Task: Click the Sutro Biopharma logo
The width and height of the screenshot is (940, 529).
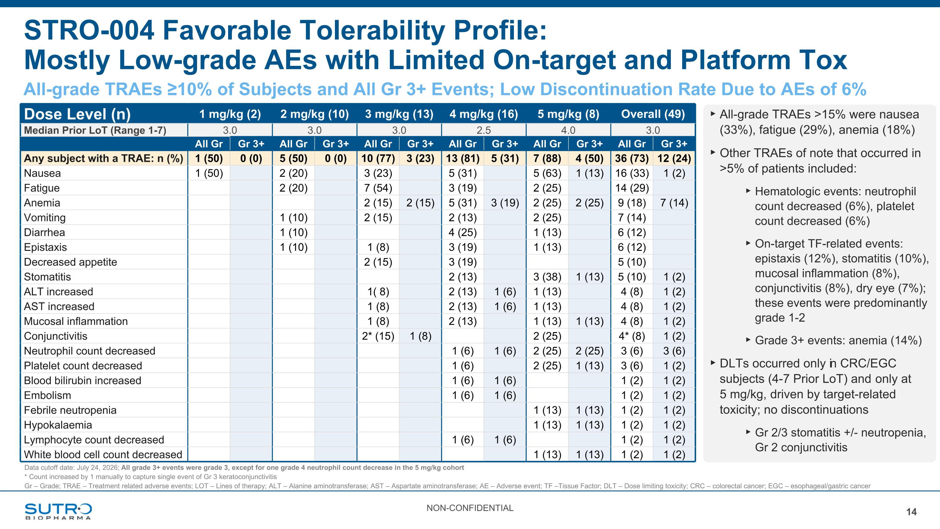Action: pos(58,511)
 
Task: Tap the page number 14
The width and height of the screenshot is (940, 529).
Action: pos(911,512)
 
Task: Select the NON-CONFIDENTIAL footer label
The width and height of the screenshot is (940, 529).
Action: pos(470,508)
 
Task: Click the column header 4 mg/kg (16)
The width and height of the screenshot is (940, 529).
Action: pos(483,114)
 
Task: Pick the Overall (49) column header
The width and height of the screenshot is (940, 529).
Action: pos(653,114)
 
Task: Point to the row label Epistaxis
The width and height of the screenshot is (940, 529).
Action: pos(45,247)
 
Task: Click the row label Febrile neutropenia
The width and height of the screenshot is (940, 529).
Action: pos(70,410)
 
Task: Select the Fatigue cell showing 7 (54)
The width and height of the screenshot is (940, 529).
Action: pos(378,188)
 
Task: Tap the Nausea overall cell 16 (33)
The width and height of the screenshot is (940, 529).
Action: pos(632,173)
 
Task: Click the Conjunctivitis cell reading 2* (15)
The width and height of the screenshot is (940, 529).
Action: pos(378,336)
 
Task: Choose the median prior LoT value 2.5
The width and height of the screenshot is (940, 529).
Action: pos(483,130)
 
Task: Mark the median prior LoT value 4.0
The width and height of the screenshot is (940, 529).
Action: pos(568,130)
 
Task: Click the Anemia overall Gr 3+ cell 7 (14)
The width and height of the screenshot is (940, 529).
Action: pos(674,203)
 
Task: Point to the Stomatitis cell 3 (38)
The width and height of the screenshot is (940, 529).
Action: pos(547,277)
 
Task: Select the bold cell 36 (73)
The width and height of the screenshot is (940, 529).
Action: pos(632,158)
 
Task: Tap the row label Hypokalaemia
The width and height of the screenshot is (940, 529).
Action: pos(58,425)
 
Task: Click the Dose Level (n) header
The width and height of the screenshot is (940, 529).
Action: pos(77,114)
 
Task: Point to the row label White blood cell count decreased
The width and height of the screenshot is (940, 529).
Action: pos(103,454)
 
